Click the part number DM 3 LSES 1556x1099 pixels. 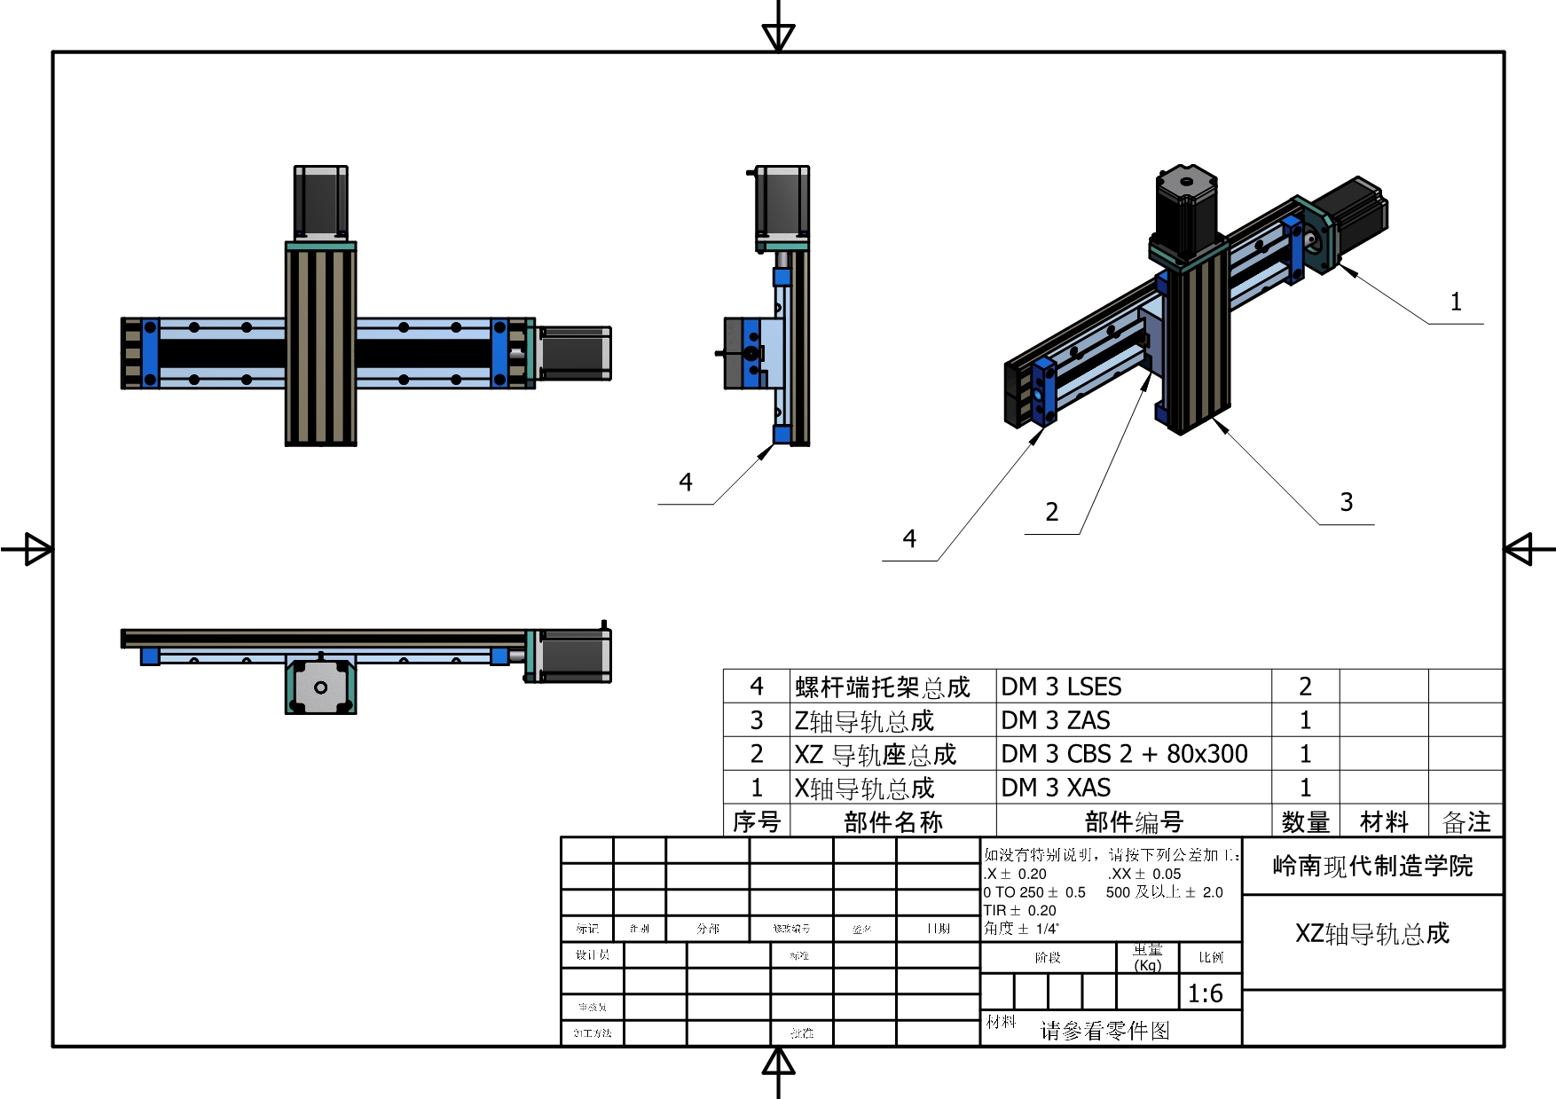(x=1061, y=687)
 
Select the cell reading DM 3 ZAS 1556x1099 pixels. (x=1056, y=720)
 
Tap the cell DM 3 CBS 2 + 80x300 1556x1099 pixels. (x=1124, y=754)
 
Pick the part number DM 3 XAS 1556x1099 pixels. (x=1056, y=788)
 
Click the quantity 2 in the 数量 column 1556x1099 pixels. (x=1305, y=687)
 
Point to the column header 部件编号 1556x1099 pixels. (x=1134, y=822)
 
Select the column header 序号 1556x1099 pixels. (x=756, y=822)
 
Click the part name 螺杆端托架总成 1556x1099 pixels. (x=883, y=687)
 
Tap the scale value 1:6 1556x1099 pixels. (x=1205, y=993)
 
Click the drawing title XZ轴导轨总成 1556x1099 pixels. (x=1371, y=933)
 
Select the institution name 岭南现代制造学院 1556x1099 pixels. (x=1372, y=866)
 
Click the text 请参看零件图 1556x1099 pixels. (x=1104, y=1030)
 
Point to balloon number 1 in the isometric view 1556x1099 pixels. (x=1456, y=302)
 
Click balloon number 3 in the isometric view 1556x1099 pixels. (x=1347, y=503)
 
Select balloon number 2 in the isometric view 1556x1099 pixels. (x=1052, y=512)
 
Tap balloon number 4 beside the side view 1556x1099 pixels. (x=686, y=483)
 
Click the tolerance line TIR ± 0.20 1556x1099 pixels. (x=1019, y=910)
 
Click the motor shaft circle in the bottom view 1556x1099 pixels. (x=321, y=687)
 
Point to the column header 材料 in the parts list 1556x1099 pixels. (x=1384, y=822)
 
